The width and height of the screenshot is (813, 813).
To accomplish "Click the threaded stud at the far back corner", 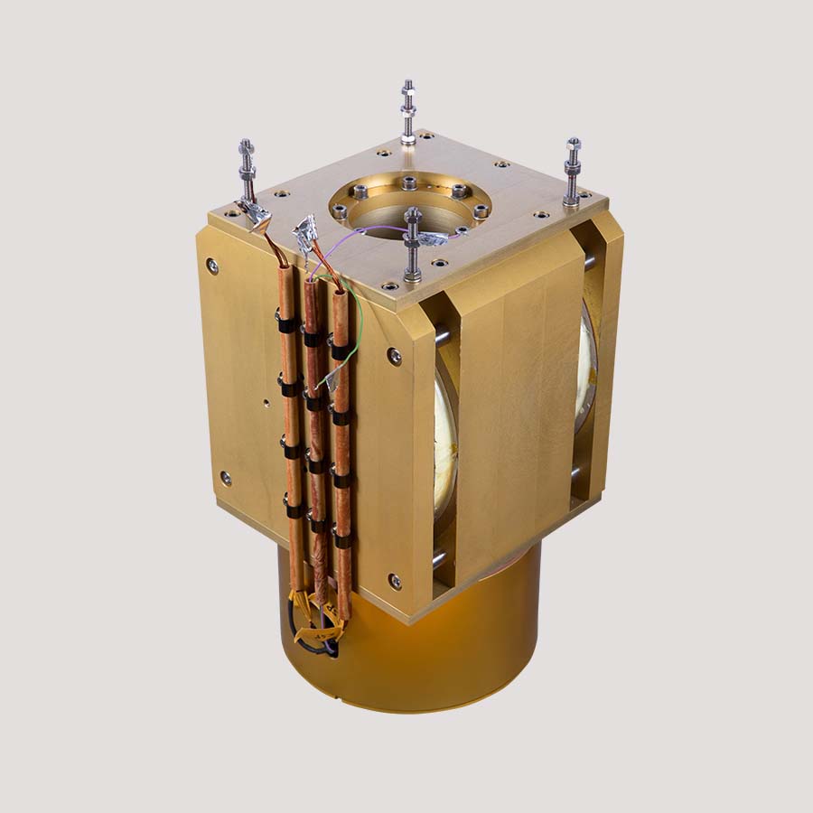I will click(x=408, y=112).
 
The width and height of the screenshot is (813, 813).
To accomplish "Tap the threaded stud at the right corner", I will click(x=572, y=172).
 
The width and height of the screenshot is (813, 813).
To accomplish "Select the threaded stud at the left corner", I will click(x=247, y=172).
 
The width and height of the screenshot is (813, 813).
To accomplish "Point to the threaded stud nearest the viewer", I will click(x=413, y=244).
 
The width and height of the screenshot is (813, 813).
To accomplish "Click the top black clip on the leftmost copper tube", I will click(x=286, y=323).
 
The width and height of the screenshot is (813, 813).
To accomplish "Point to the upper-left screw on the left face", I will click(x=211, y=266).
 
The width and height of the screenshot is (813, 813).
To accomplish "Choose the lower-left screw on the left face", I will click(x=225, y=477).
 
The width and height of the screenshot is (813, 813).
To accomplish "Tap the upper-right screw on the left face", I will click(x=395, y=356).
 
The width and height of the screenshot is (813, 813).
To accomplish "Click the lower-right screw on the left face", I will click(x=395, y=581).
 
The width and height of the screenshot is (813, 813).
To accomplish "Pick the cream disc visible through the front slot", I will click(x=445, y=452).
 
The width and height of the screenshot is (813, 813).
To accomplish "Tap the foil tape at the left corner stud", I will click(x=256, y=214).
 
